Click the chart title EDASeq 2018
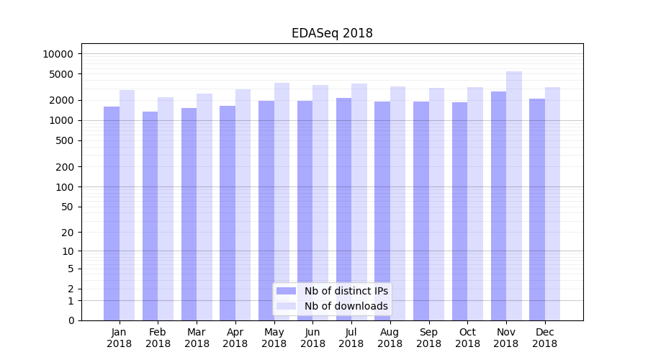click(332, 33)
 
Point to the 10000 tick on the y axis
click(58, 54)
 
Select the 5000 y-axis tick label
click(60, 74)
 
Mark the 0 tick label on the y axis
click(71, 320)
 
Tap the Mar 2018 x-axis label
click(197, 338)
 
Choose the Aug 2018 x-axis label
click(390, 338)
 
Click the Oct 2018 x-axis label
click(467, 338)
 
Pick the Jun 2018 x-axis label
click(312, 338)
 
